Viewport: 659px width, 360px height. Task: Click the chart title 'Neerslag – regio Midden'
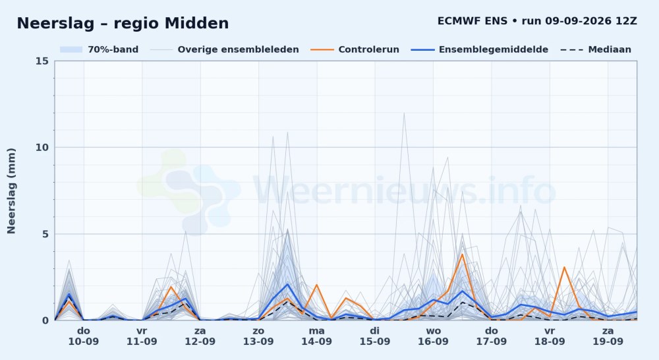[123, 23]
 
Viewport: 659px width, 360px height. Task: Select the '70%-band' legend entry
[100, 49]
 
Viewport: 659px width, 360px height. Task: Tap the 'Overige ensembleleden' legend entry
[225, 49]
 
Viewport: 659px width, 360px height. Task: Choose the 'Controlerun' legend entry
[355, 49]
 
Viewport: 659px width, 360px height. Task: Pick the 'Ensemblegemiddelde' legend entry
[480, 49]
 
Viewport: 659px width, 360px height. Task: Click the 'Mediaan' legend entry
[596, 49]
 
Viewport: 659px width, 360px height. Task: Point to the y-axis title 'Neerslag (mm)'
[11, 191]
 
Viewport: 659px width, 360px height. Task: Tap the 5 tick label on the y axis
[45, 234]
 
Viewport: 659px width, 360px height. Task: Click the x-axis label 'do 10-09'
[84, 336]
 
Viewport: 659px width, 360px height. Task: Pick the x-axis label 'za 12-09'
[200, 336]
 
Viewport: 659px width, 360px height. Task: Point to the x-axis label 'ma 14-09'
[316, 336]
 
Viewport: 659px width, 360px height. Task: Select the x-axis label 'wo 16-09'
[434, 336]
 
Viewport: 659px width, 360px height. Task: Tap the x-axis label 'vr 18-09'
[550, 336]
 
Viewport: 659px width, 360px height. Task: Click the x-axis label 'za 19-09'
[608, 336]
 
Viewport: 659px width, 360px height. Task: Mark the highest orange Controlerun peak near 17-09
[463, 254]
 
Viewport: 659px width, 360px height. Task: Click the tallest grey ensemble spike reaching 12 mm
[405, 113]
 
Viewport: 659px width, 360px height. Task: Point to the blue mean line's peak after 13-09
[288, 284]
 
